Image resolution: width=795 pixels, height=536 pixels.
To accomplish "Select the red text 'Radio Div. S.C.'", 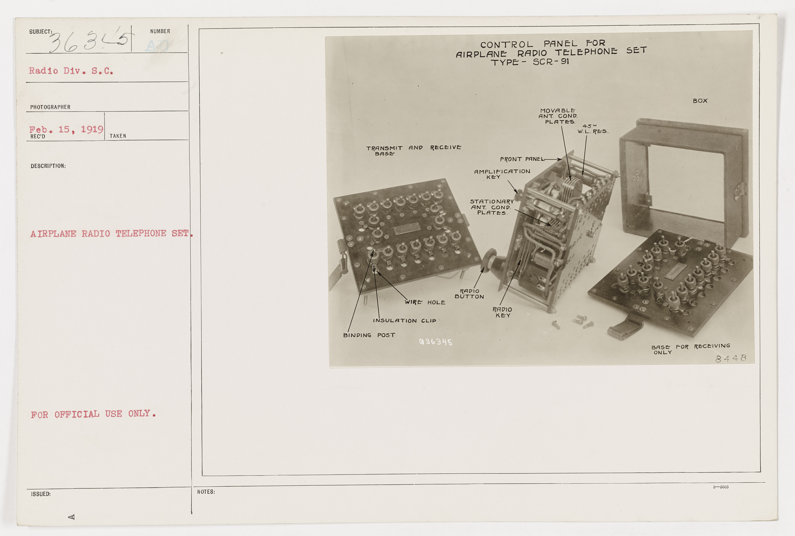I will [71, 71].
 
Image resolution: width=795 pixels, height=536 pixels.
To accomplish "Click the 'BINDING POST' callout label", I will [369, 335].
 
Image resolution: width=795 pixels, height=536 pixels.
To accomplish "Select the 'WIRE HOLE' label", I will [425, 302].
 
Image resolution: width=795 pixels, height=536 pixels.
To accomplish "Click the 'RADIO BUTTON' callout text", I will [469, 294].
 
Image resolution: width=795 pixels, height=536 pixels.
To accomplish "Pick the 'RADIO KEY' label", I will [502, 312].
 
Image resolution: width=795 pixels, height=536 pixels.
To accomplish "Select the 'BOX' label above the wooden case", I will [700, 101].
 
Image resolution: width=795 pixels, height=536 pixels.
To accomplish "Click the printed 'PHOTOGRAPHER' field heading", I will [50, 107].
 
